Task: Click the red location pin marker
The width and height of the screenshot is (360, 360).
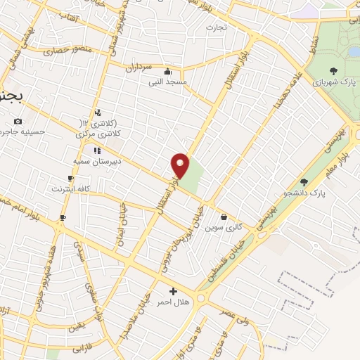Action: (181, 166)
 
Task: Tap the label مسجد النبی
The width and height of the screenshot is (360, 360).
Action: (167, 82)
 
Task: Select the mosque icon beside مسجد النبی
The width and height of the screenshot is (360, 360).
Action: (167, 71)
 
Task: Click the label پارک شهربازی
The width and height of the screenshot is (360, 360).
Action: (333, 82)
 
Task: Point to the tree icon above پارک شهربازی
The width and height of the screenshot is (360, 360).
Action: (333, 70)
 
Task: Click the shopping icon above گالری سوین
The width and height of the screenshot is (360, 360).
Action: (224, 217)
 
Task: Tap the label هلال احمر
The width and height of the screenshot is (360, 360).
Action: (172, 302)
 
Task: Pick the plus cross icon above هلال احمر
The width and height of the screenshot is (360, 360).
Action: (173, 290)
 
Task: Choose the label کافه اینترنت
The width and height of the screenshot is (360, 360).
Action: (70, 189)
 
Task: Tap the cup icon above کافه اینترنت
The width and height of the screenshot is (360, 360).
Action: (70, 178)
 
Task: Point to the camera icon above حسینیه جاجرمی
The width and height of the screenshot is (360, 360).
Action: (18, 121)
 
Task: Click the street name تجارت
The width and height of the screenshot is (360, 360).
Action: (213, 27)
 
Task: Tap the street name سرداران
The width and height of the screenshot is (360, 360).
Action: (139, 67)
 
